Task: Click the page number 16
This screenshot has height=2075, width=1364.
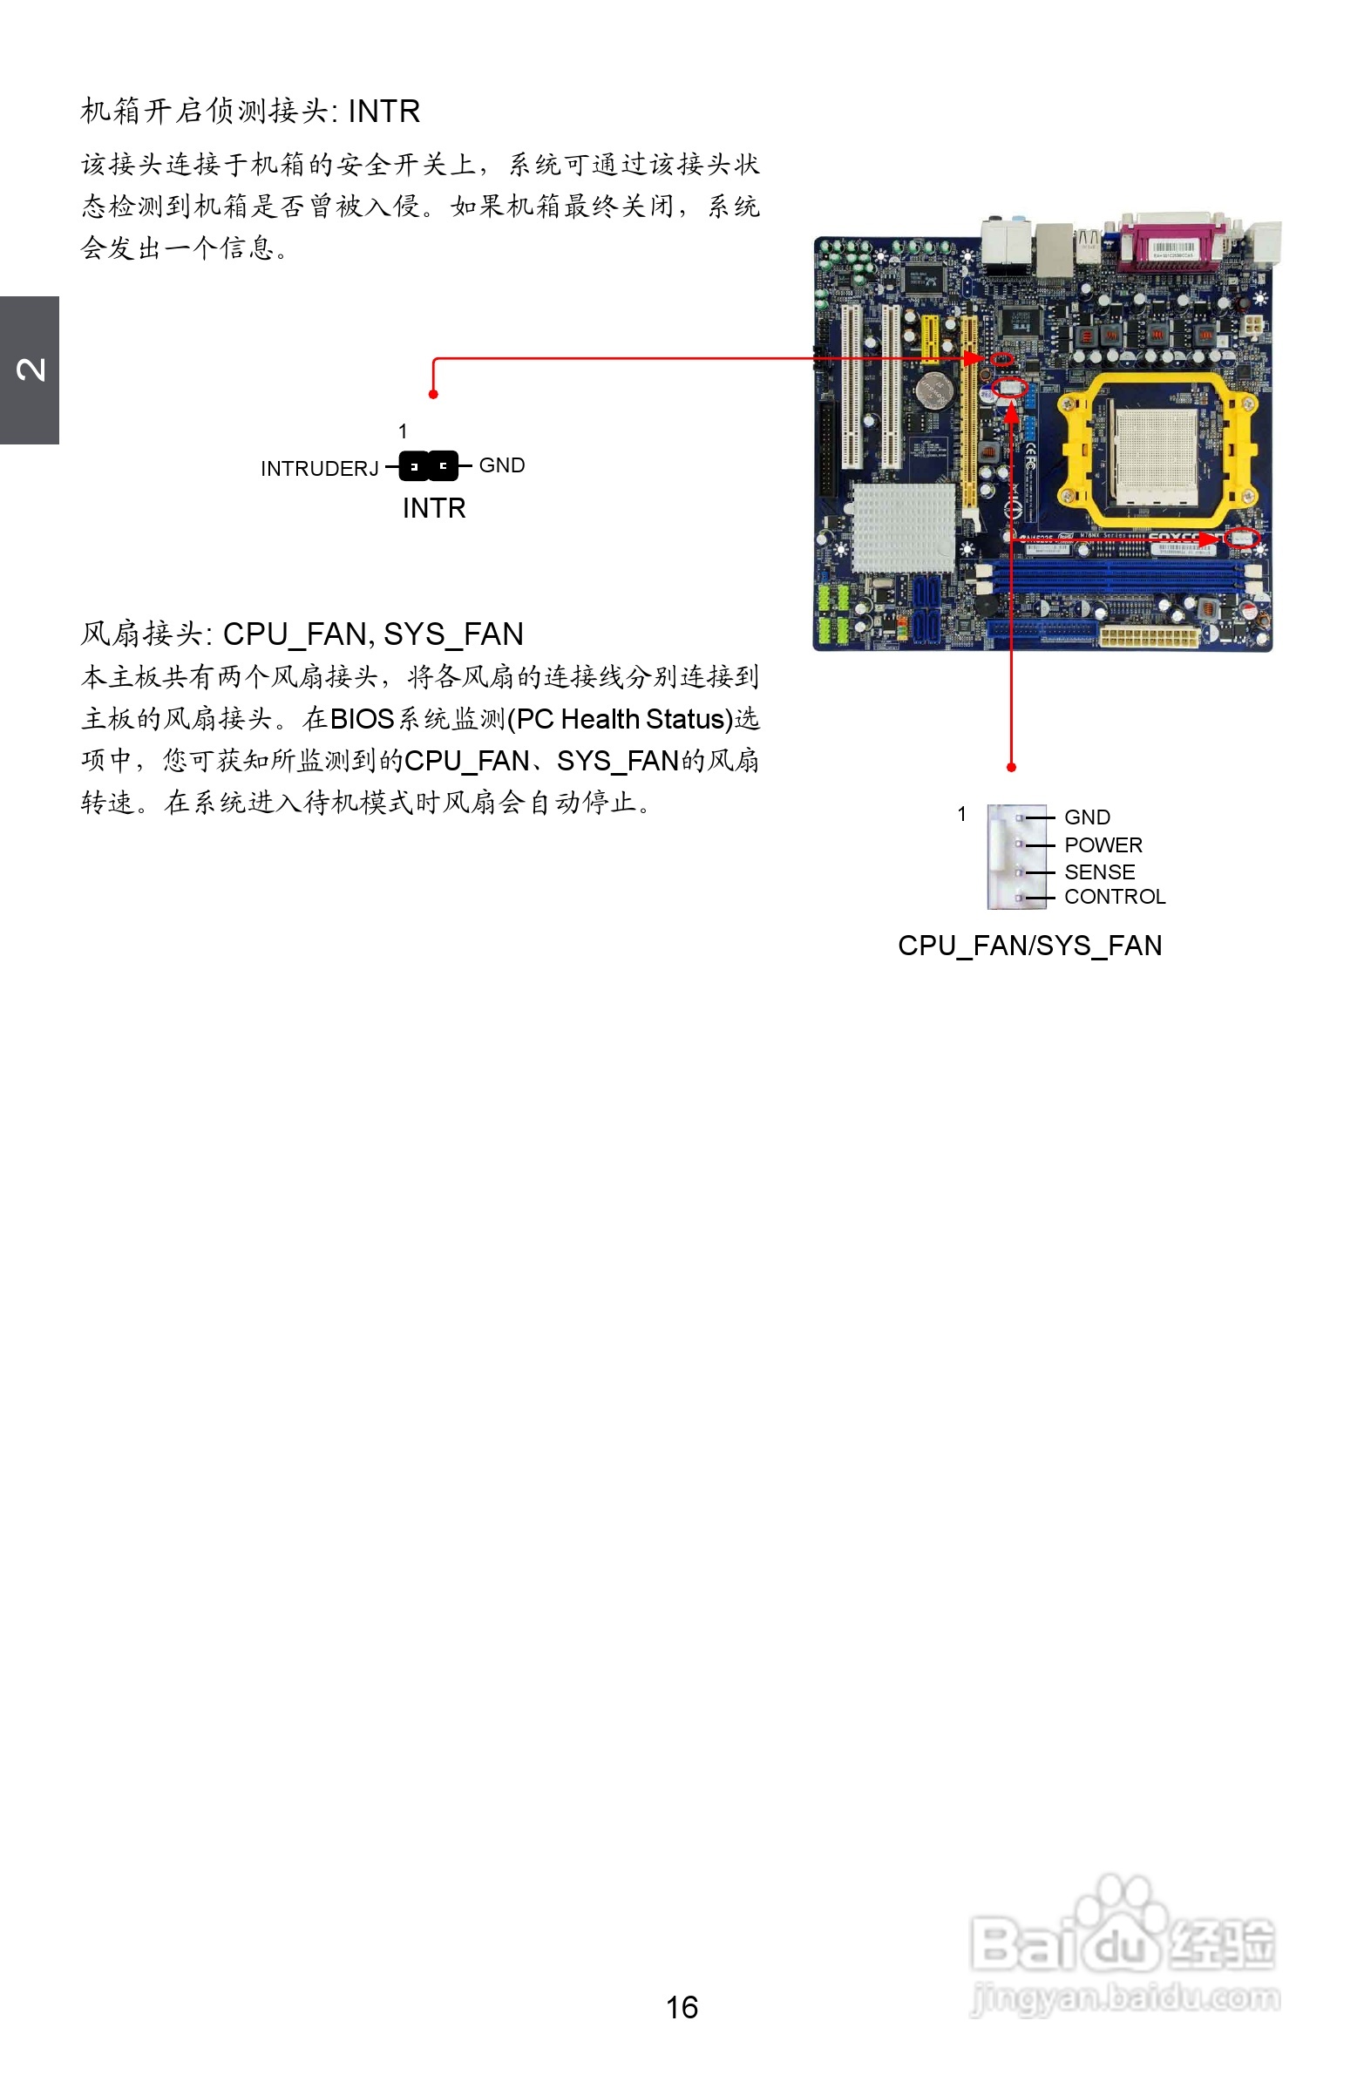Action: click(x=681, y=2007)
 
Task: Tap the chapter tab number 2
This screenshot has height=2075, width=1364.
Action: click(x=31, y=370)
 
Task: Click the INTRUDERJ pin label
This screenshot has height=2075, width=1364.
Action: click(x=319, y=469)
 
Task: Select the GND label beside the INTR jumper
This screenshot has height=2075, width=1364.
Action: click(x=501, y=465)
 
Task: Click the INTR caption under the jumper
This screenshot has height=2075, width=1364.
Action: click(x=433, y=508)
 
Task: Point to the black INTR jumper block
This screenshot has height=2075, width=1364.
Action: click(x=428, y=466)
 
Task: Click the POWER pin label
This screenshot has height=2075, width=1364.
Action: click(x=1103, y=844)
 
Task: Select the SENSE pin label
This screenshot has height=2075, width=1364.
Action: click(x=1099, y=871)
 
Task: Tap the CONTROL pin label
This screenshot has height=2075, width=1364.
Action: click(x=1115, y=897)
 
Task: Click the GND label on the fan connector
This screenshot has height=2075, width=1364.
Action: click(x=1087, y=817)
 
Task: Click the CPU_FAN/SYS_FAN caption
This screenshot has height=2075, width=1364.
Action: click(x=1029, y=946)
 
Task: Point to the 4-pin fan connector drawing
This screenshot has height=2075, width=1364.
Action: click(x=1016, y=857)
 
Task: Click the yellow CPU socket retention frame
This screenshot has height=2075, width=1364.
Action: click(x=1156, y=450)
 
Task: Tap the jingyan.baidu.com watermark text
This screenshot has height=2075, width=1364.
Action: click(x=1125, y=1997)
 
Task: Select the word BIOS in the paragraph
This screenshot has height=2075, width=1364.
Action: click(x=362, y=719)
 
